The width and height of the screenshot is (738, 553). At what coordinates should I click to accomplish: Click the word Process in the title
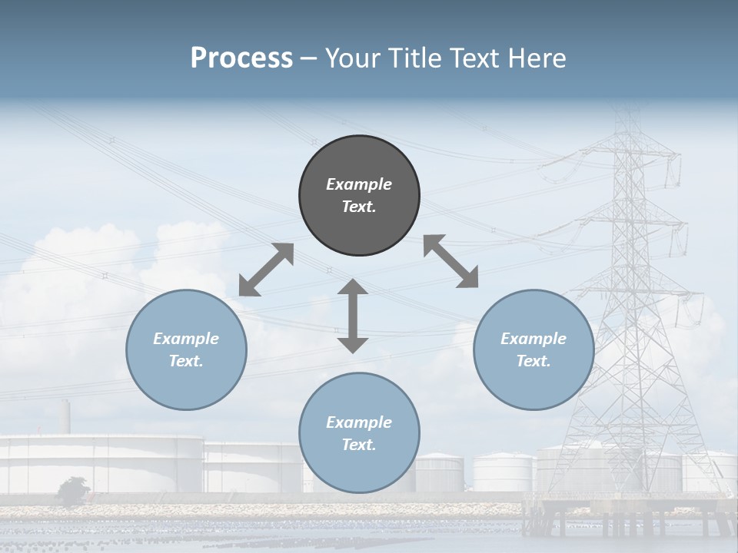click(241, 58)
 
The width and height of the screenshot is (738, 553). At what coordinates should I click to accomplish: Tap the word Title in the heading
click(412, 58)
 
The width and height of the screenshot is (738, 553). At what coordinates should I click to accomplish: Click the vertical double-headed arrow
click(353, 316)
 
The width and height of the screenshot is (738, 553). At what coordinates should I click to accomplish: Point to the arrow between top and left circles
click(266, 270)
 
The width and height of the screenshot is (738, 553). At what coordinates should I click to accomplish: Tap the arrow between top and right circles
click(450, 261)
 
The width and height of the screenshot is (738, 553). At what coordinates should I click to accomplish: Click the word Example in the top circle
click(359, 184)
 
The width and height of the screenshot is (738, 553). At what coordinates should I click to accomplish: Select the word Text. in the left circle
click(186, 361)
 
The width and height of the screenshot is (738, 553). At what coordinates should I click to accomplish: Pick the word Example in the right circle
click(534, 339)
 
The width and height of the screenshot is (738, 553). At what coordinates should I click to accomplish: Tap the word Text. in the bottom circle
click(359, 445)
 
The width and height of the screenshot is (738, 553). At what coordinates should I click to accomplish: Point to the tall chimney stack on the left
click(66, 417)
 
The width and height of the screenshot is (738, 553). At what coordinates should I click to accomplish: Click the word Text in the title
click(470, 58)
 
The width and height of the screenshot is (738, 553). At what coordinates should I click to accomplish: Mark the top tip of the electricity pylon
click(630, 113)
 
